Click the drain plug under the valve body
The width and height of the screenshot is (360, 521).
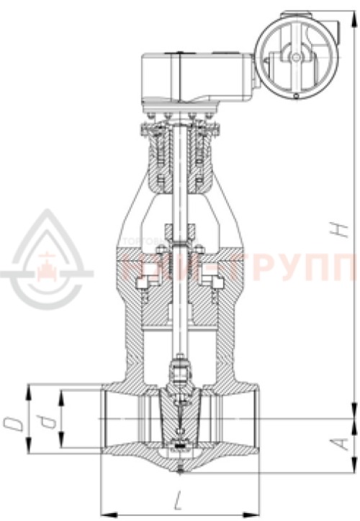(x=179, y=471)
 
